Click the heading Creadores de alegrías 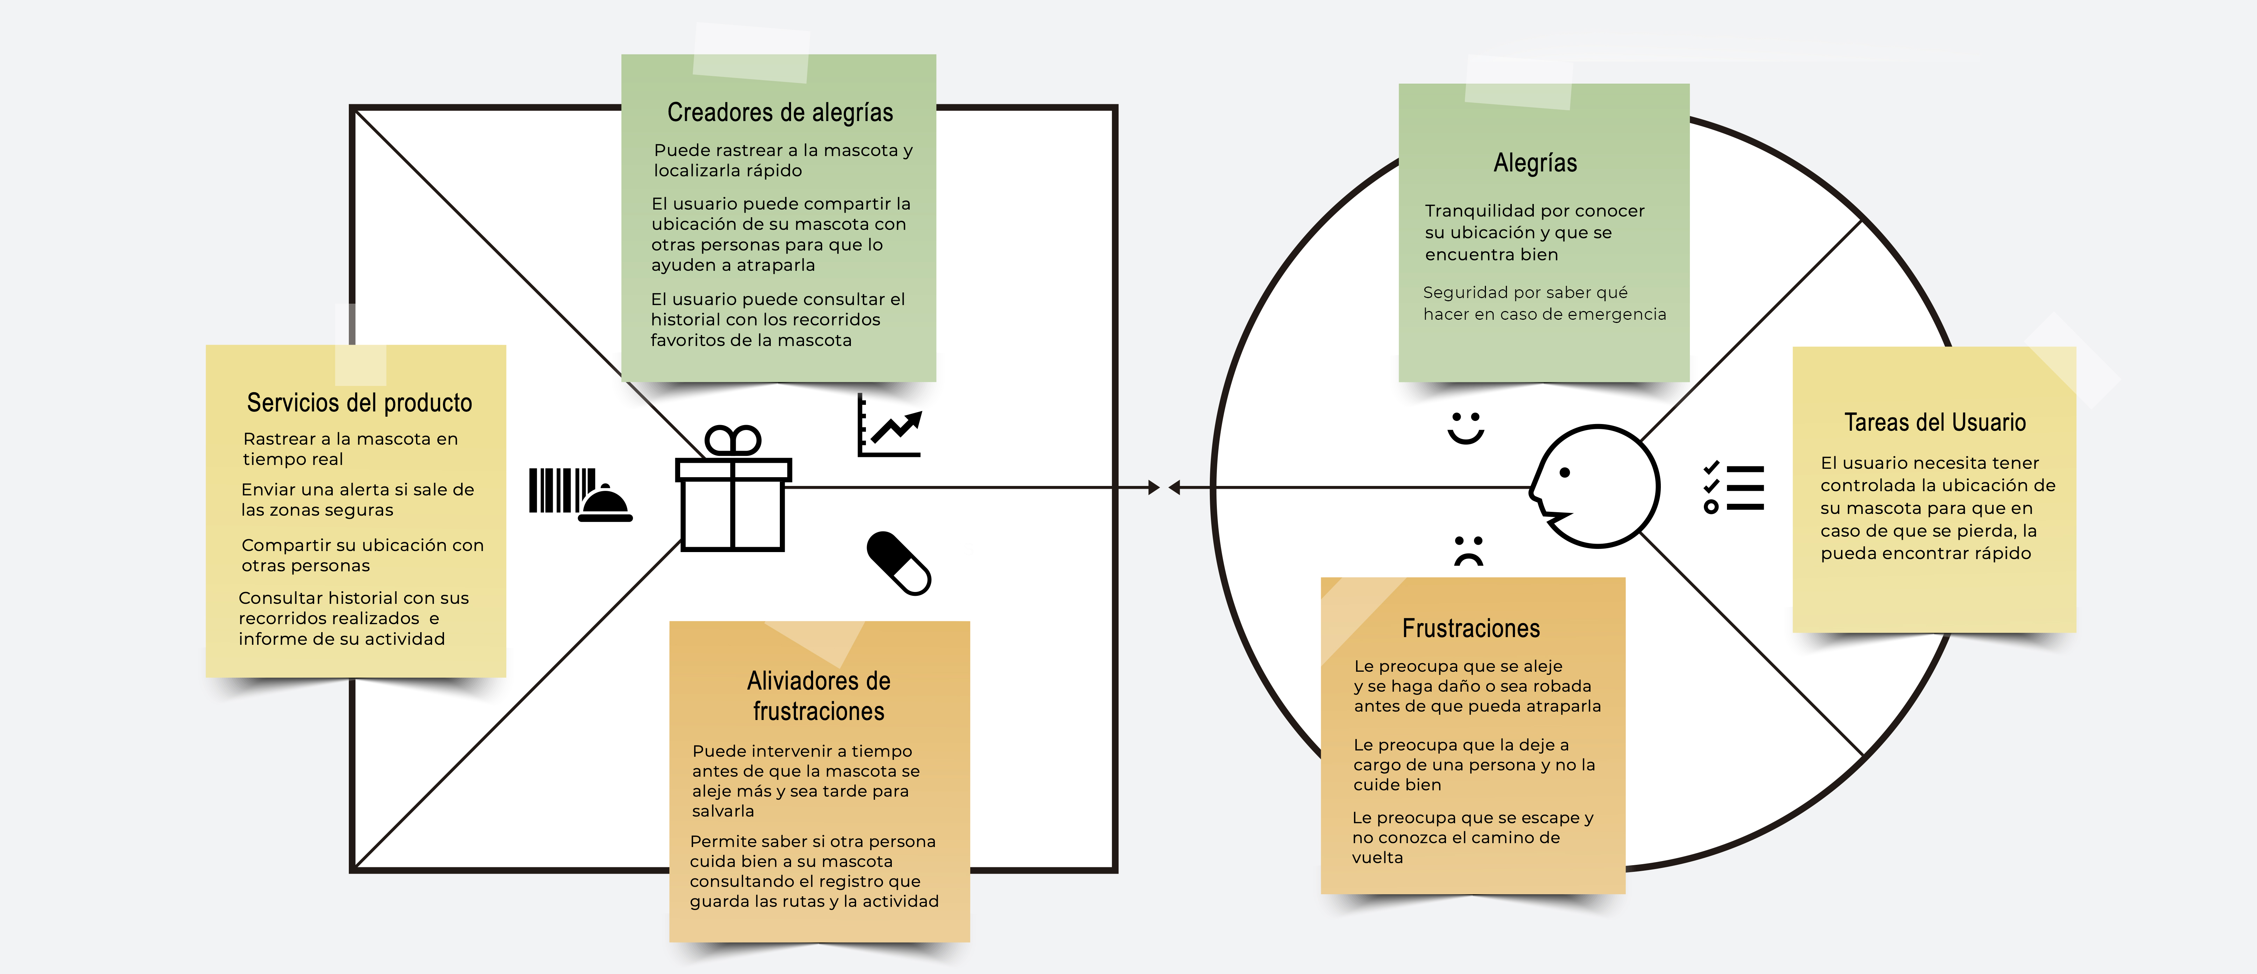[x=780, y=113]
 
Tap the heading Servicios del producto [x=359, y=403]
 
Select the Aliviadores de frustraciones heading [x=818, y=696]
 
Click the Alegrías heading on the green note [x=1535, y=163]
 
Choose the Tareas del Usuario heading [x=1934, y=422]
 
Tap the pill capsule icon [x=898, y=563]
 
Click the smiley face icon [x=1465, y=428]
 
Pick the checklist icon [x=1733, y=487]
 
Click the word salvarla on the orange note [x=723, y=811]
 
